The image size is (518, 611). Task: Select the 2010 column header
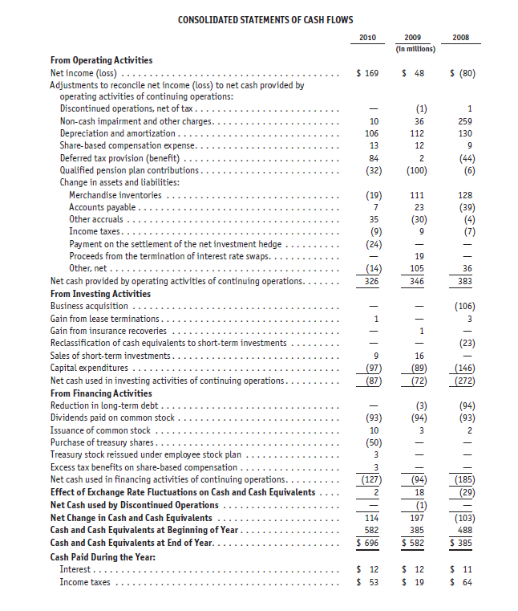point(366,37)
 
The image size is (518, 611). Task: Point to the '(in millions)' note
point(415,48)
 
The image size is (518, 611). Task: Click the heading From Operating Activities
point(101,60)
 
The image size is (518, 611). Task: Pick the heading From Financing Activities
point(101,393)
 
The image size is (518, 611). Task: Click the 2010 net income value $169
point(367,73)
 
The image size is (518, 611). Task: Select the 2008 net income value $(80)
point(463,73)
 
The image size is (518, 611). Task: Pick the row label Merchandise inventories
point(115,195)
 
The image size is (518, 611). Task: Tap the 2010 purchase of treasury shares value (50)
point(369,442)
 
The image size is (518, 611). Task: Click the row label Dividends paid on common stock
point(112,418)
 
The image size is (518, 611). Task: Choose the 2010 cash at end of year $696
point(367,544)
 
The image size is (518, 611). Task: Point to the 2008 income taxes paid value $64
point(463,581)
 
